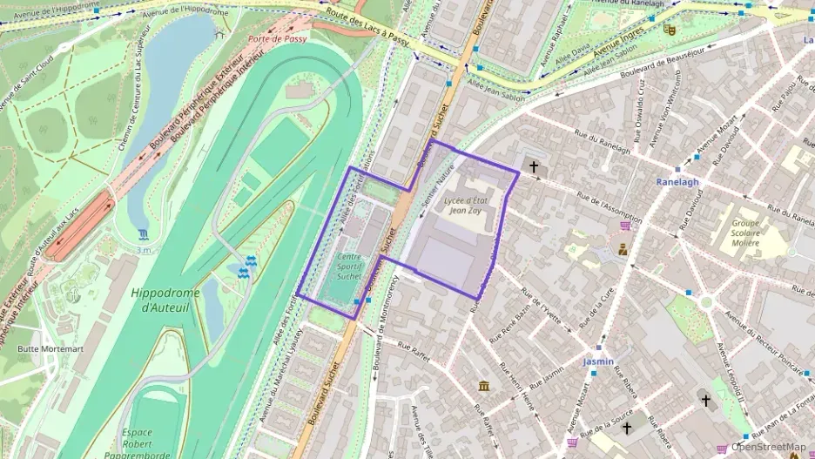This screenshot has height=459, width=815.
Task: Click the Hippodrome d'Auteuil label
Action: pyautogui.click(x=165, y=300)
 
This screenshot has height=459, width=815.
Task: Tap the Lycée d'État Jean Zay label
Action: pyautogui.click(x=468, y=206)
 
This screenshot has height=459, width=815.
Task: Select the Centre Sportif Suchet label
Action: pyautogui.click(x=348, y=266)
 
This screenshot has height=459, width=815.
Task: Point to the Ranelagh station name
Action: pyautogui.click(x=677, y=182)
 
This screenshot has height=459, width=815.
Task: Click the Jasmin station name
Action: pyautogui.click(x=598, y=361)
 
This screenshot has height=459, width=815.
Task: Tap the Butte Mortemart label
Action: pyautogui.click(x=51, y=349)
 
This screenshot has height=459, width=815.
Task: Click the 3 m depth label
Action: pyautogui.click(x=144, y=250)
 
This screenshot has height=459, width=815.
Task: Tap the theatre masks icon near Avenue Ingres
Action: pyautogui.click(x=669, y=29)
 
